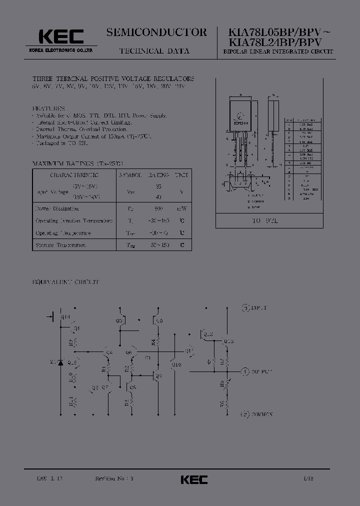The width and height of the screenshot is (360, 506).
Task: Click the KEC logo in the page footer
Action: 193,479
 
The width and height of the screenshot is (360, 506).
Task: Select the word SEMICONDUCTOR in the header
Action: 156,32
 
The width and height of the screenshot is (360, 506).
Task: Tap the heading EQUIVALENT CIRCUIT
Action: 66,282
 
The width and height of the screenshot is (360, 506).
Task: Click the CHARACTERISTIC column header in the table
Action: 74,175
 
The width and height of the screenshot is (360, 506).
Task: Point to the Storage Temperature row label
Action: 61,245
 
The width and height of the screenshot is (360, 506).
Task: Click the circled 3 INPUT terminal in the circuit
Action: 245,307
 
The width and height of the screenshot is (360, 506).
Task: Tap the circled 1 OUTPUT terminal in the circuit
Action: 244,372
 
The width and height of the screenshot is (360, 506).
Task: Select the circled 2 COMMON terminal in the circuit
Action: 244,414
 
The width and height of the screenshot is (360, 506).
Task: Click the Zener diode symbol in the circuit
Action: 60,362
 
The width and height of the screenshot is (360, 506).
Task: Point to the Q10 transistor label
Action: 176,364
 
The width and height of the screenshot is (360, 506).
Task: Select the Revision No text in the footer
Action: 113,478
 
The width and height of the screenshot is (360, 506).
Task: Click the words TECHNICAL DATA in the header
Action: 154,51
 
